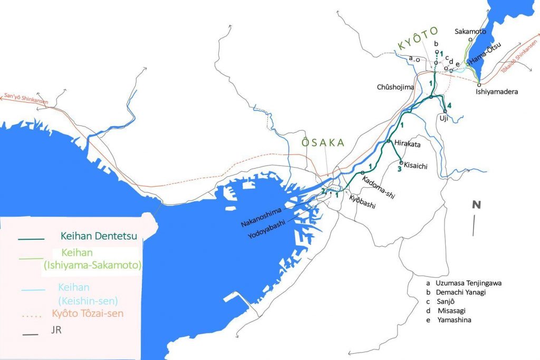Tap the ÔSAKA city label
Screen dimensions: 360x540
[323, 143]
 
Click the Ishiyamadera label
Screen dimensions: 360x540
[497, 91]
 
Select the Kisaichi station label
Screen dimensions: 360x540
[416, 166]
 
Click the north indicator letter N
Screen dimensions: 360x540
[476, 205]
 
